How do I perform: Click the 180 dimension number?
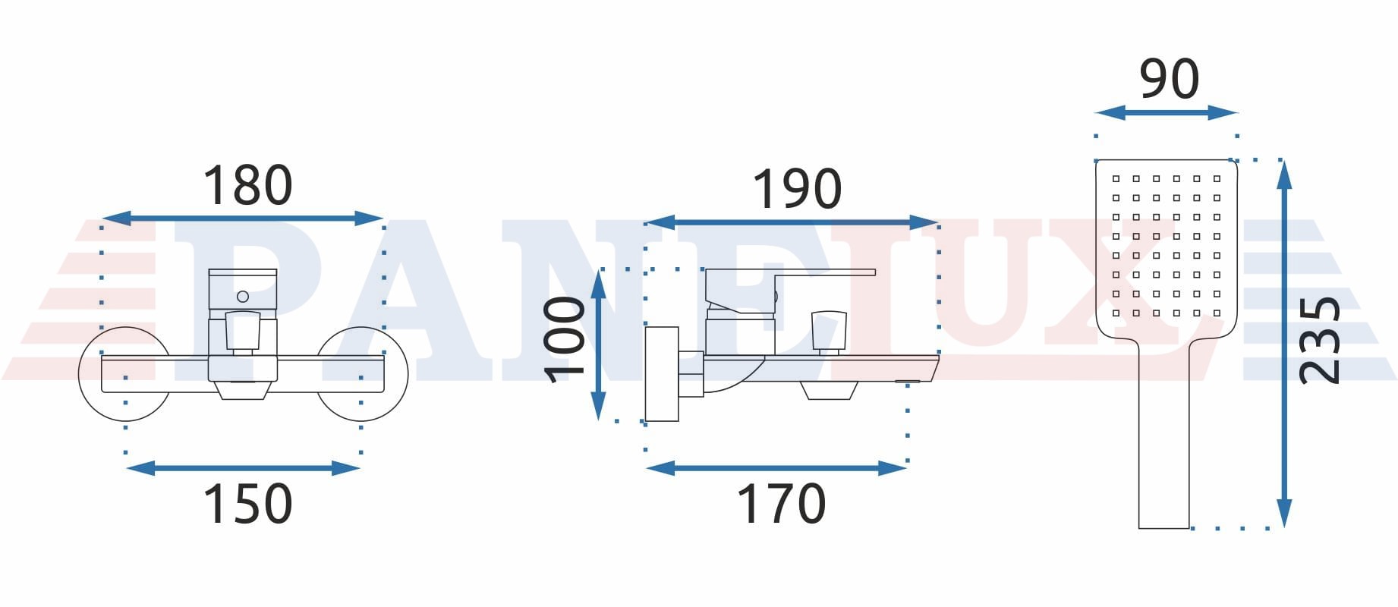tap(247, 186)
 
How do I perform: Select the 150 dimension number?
tap(247, 504)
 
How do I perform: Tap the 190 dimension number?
tap(797, 189)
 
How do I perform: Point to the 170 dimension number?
tap(782, 504)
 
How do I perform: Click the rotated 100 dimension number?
tap(565, 340)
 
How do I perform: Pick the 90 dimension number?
tap(1170, 79)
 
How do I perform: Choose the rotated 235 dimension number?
tap(1320, 340)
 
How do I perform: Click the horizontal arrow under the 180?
tap(242, 219)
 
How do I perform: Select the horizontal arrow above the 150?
tap(243, 468)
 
